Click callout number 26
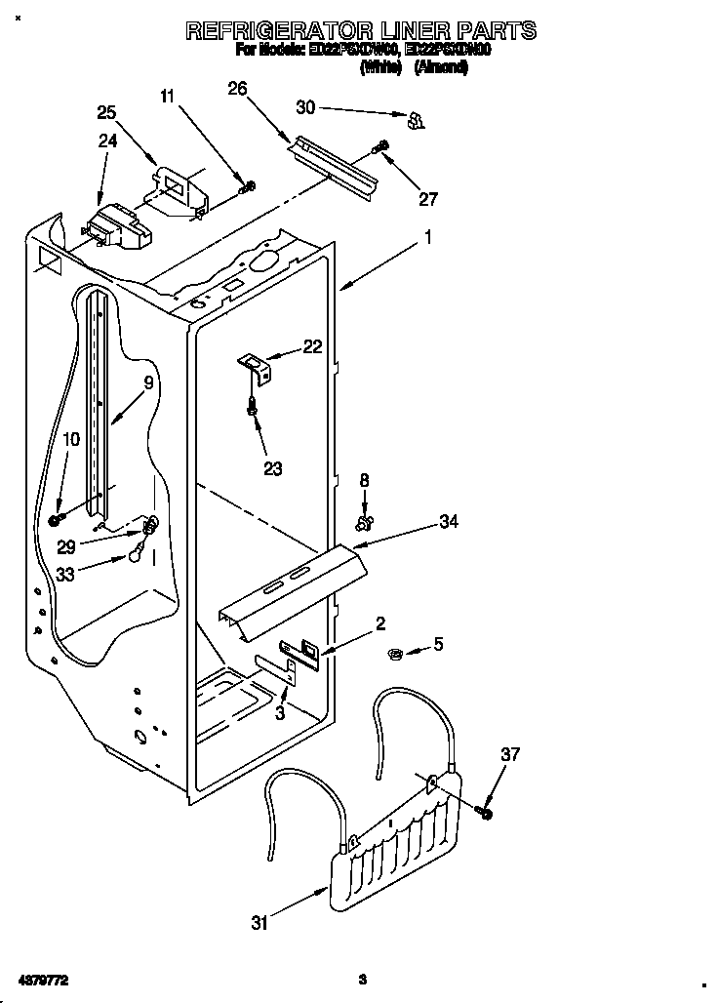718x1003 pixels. click(x=237, y=89)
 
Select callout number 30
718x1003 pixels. click(x=306, y=107)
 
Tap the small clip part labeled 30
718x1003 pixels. click(x=415, y=120)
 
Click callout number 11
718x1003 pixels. click(x=168, y=96)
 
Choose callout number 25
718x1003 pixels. click(x=106, y=112)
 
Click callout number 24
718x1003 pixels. click(x=107, y=140)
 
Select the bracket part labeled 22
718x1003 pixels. click(x=257, y=367)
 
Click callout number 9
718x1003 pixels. click(x=148, y=383)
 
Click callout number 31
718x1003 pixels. click(x=259, y=923)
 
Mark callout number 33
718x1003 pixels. click(x=66, y=575)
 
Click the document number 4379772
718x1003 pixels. click(x=43, y=978)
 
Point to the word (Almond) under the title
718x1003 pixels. click(x=441, y=67)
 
